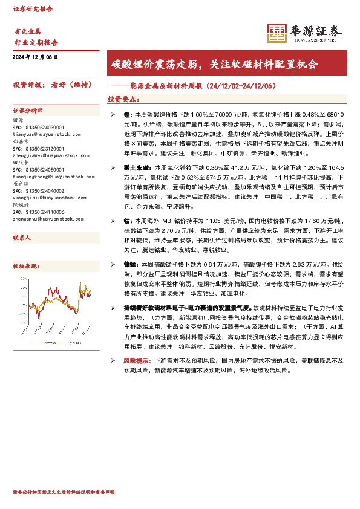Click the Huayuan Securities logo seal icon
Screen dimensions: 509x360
(x=278, y=33)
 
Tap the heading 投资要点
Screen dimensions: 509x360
(x=123, y=99)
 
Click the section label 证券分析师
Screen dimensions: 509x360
(x=28, y=111)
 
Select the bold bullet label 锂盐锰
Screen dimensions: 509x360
(x=131, y=264)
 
